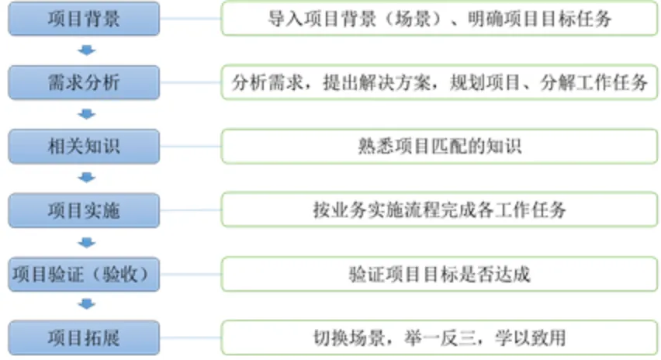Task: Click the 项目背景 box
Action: click(84, 19)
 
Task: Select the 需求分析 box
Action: click(84, 82)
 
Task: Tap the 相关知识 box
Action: click(84, 147)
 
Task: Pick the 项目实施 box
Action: click(84, 210)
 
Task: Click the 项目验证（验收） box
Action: click(84, 275)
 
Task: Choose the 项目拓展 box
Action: click(84, 338)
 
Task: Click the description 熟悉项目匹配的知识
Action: click(439, 147)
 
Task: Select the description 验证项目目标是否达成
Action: click(439, 275)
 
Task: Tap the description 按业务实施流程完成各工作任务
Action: click(439, 210)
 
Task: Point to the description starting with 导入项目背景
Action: click(439, 19)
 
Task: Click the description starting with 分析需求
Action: click(439, 82)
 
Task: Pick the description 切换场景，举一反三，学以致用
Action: click(439, 338)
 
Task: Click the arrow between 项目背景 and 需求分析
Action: click(87, 51)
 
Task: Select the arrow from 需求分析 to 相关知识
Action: click(87, 115)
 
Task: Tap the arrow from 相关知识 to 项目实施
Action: click(87, 178)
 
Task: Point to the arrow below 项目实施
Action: click(87, 243)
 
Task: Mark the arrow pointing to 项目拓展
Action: click(87, 306)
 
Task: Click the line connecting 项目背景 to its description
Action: click(189, 19)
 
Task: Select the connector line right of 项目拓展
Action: click(189, 338)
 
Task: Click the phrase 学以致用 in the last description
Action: click(536, 338)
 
